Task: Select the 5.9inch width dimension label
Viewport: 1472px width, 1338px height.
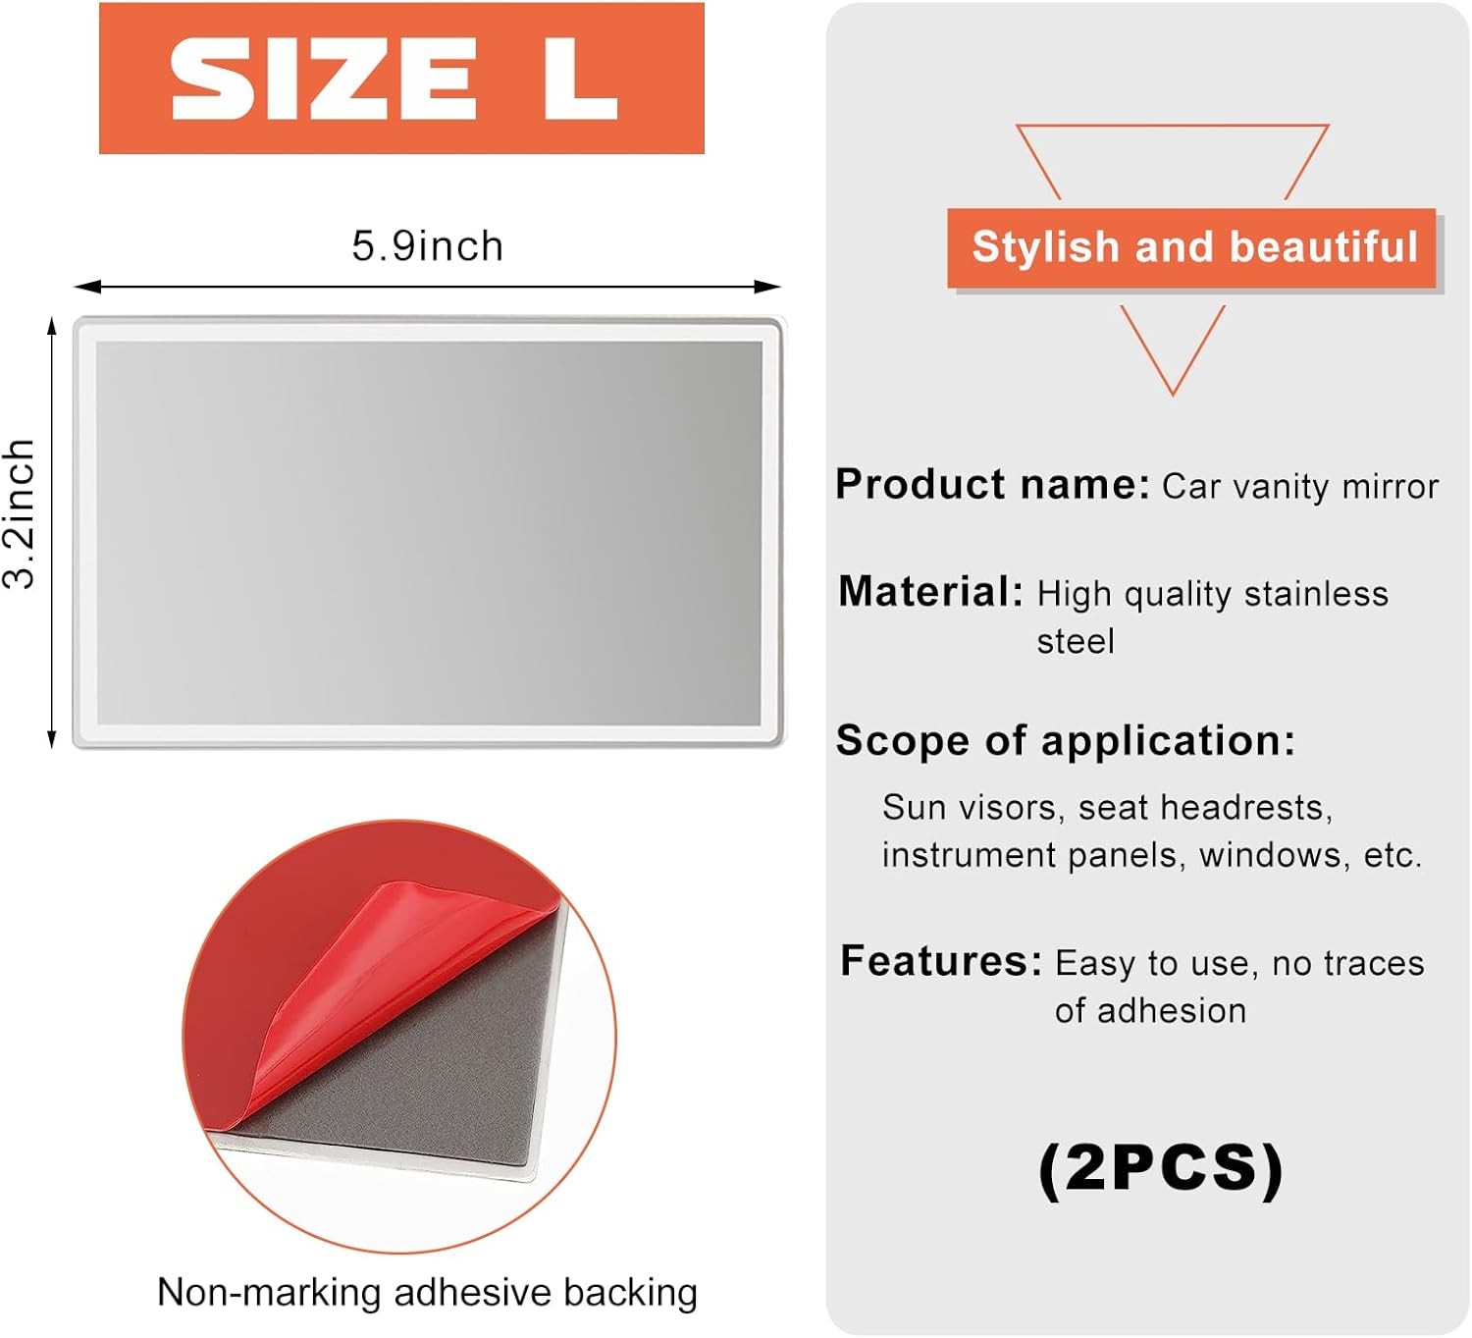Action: click(x=427, y=245)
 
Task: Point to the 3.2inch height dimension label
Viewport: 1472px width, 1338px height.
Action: click(x=19, y=513)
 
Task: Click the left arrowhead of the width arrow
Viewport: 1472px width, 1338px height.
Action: click(x=87, y=287)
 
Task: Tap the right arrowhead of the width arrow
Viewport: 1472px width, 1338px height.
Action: click(x=767, y=287)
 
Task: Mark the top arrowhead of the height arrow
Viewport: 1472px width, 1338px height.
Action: click(x=51, y=328)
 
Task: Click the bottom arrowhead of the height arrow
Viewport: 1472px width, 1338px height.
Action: click(x=51, y=738)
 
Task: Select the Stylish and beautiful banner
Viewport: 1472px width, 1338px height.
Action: click(x=1191, y=247)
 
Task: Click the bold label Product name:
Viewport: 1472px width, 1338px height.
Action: click(x=993, y=485)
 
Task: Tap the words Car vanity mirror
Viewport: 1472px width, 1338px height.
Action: click(x=1300, y=487)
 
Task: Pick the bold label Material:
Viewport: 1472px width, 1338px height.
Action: click(x=930, y=592)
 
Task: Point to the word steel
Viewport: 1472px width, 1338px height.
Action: click(x=1076, y=641)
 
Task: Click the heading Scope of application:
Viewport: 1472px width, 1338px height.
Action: click(x=1066, y=740)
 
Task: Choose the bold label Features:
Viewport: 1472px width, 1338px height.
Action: click(x=941, y=960)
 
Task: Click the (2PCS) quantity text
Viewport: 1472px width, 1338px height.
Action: click(x=1161, y=1170)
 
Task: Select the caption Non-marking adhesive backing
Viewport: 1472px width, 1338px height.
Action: click(x=427, y=1293)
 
